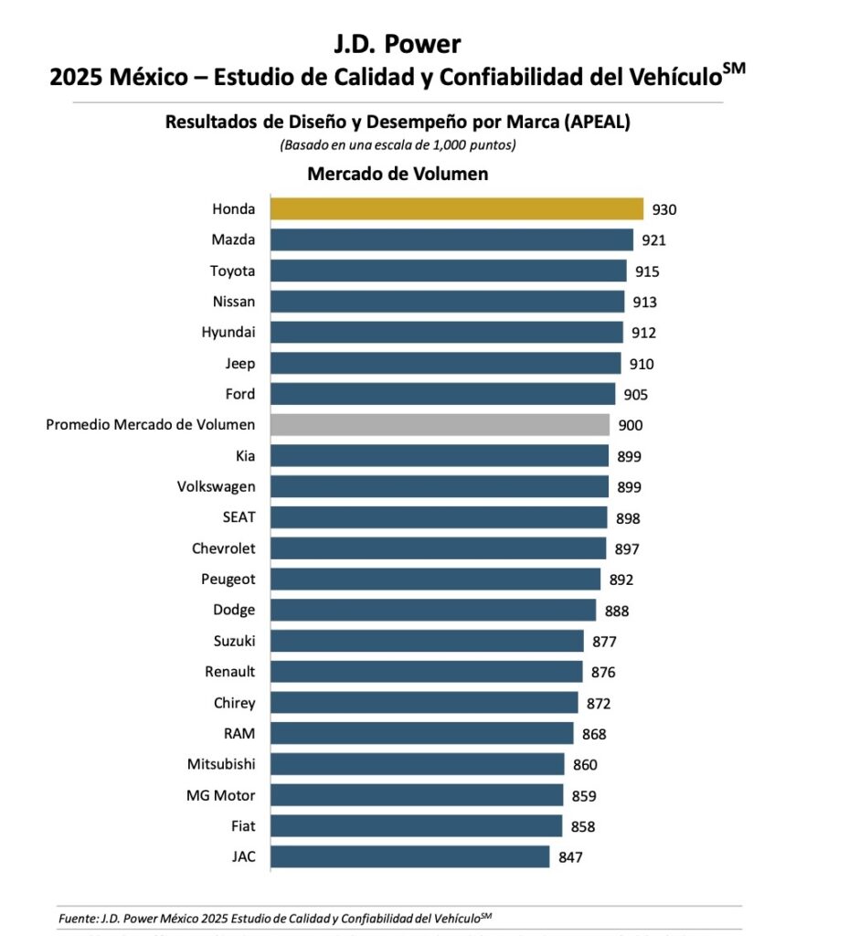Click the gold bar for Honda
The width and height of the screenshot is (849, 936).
(457, 209)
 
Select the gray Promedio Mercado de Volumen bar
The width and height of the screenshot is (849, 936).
(440, 425)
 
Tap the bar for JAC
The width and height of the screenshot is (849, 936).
(410, 856)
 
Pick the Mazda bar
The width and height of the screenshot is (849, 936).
(452, 240)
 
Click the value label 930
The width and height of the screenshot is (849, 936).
(664, 210)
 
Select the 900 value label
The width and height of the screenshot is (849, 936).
(630, 426)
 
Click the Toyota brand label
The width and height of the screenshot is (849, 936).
(232, 271)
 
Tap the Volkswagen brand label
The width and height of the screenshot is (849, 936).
(216, 487)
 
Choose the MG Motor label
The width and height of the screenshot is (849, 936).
(220, 795)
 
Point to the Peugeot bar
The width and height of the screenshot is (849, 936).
(435, 580)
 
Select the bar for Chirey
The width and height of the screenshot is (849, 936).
(424, 703)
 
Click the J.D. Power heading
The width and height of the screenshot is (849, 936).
(397, 43)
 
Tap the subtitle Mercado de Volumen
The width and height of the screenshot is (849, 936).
(397, 174)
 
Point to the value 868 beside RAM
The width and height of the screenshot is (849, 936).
(593, 734)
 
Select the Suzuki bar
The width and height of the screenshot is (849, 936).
(427, 641)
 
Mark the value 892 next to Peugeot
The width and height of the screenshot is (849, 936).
(621, 580)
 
